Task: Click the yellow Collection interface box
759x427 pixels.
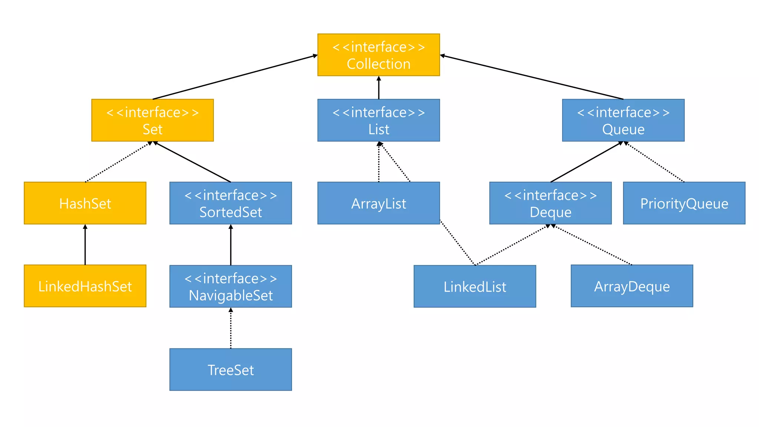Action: pos(378,55)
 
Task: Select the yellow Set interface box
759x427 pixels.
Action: pos(152,120)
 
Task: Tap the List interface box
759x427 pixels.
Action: pos(378,120)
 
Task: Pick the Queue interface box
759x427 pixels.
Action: pos(623,120)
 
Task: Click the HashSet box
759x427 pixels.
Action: pos(85,203)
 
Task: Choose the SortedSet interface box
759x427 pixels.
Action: pos(231,203)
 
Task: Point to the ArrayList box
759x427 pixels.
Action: pos(378,203)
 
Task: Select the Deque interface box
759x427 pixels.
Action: pos(550,203)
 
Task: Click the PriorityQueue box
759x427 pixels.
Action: pos(684,203)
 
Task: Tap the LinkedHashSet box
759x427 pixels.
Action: pos(85,286)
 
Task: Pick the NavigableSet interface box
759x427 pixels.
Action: pos(231,286)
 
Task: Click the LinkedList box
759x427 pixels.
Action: pos(475,286)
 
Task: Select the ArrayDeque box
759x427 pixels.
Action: pos(632,286)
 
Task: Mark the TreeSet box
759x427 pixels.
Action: pos(231,369)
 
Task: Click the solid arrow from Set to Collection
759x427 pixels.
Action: pos(235,77)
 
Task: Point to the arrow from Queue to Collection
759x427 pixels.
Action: pos(532,77)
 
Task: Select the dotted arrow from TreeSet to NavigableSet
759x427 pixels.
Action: pos(231,328)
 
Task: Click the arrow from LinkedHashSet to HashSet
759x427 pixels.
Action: pos(85,245)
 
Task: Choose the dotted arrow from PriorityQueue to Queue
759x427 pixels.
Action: pos(654,162)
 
